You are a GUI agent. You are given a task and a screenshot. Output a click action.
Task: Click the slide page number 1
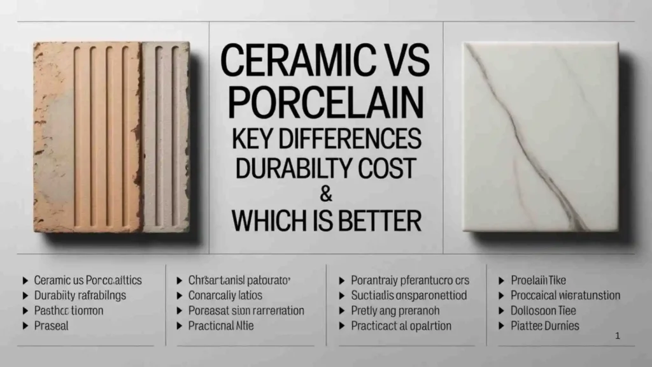(x=618, y=336)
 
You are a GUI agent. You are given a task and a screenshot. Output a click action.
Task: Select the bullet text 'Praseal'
(x=52, y=326)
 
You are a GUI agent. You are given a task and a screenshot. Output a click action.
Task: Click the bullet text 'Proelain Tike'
(x=539, y=280)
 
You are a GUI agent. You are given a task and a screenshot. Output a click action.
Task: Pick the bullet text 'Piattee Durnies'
(x=545, y=326)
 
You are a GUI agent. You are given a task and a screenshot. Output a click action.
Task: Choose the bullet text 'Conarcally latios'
(x=225, y=295)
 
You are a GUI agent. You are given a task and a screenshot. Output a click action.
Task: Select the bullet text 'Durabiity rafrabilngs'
(x=80, y=295)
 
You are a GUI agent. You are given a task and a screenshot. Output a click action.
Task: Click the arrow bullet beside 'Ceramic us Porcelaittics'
(x=25, y=280)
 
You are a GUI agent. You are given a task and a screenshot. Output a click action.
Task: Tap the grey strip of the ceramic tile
(x=165, y=137)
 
